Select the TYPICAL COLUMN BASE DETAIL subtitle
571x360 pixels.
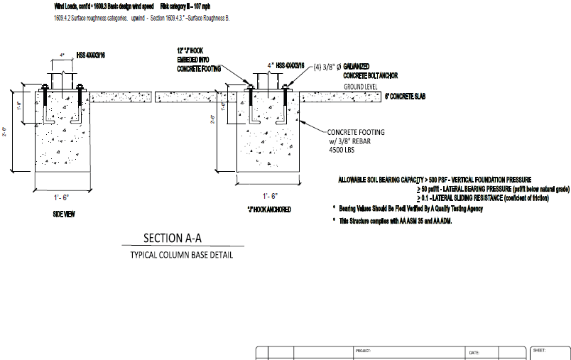click(x=181, y=254)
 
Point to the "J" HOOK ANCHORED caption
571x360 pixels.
click(x=268, y=210)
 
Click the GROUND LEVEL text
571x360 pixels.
click(x=361, y=86)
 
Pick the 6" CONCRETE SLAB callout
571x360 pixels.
click(x=414, y=95)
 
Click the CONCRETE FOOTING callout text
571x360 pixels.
click(x=356, y=132)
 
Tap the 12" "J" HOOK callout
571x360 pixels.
click(x=193, y=51)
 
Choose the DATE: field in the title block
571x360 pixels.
click(x=474, y=351)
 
